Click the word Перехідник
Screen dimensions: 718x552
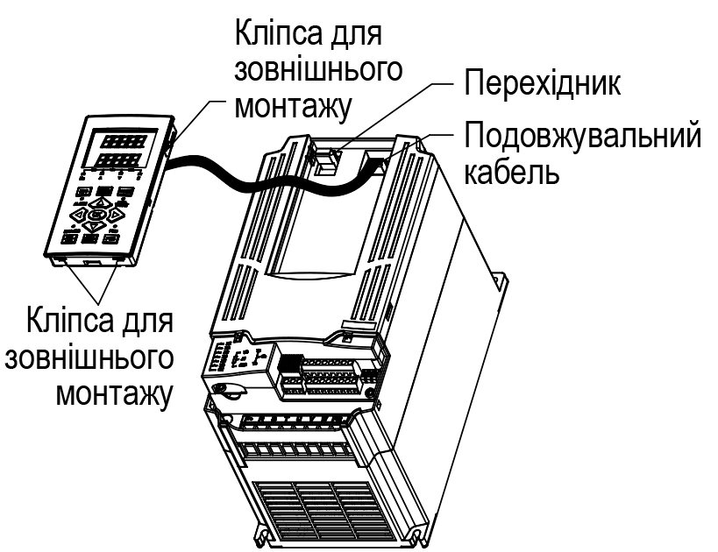click(x=542, y=83)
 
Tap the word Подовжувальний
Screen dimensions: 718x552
click(x=582, y=136)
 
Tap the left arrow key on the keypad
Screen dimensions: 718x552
click(x=79, y=213)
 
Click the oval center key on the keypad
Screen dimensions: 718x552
click(x=96, y=214)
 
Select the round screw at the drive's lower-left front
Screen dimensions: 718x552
click(x=223, y=390)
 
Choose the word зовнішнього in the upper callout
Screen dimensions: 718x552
click(x=319, y=70)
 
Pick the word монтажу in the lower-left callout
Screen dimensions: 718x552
click(x=115, y=393)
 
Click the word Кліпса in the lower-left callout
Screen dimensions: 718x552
click(x=68, y=321)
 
